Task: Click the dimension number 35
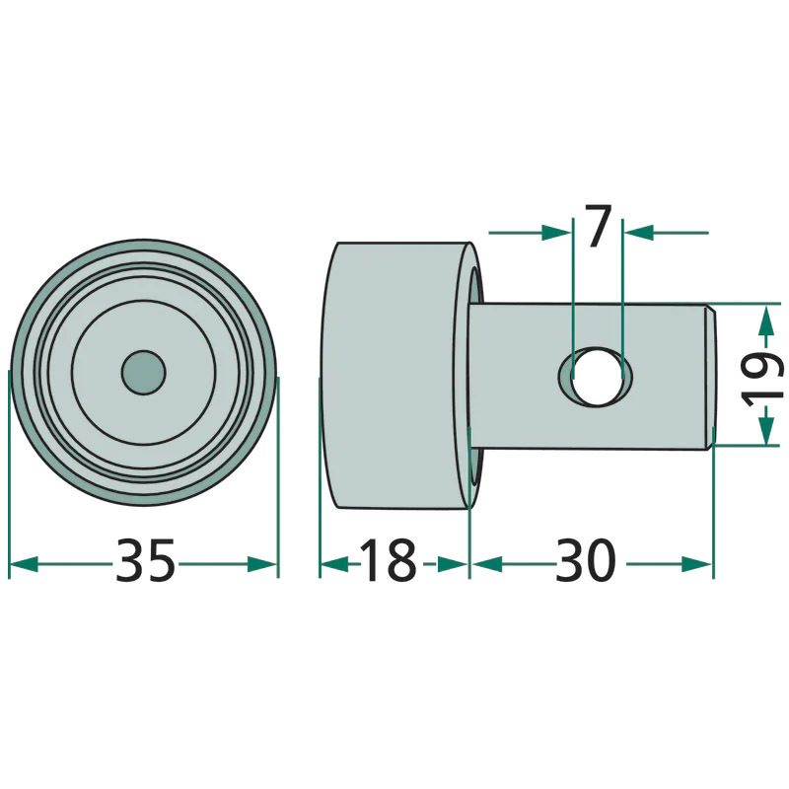145,560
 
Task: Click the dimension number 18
389,560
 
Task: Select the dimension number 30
586,560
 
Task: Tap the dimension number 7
598,226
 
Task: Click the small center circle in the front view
144,372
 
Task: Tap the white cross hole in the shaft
598,376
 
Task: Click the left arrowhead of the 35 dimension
24,564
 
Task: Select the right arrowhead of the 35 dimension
262,564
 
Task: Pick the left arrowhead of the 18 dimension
334,564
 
